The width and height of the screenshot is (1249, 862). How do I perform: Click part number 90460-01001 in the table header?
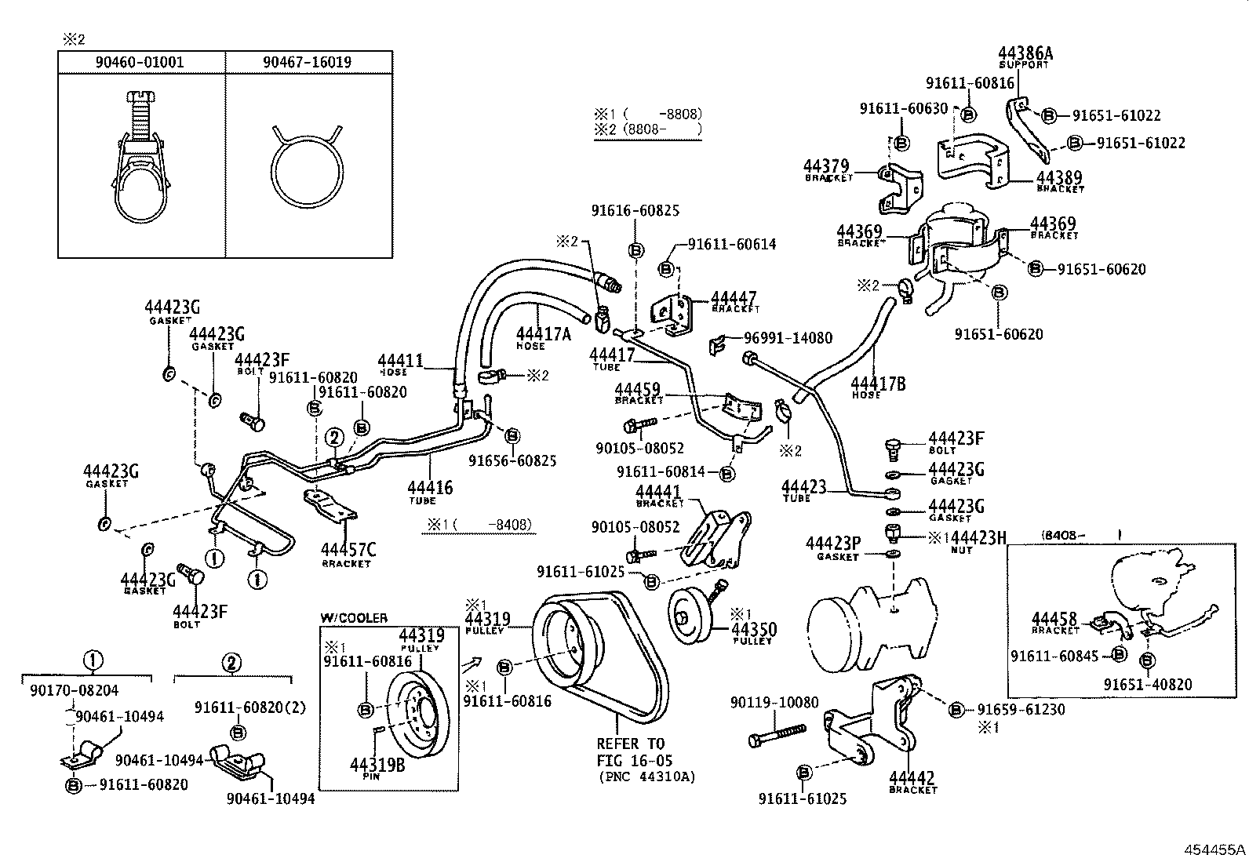140,62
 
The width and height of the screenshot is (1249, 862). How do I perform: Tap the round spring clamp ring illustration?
307,169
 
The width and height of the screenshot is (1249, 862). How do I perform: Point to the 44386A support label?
1025,54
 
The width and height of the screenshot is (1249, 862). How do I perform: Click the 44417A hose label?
543,333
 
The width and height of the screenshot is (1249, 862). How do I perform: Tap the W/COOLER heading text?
353,618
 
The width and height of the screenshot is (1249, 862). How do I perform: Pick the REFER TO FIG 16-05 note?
631,751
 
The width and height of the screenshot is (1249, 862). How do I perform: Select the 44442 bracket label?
912,779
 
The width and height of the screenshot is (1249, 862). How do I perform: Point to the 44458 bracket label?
1054,620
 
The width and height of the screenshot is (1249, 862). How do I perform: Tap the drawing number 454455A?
1214,849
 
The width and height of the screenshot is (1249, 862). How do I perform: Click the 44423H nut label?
979,538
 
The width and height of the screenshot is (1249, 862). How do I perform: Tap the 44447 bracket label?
733,299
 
